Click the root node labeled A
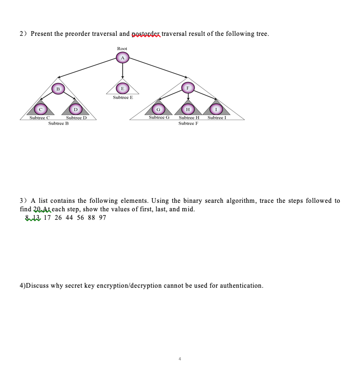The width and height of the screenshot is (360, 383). (123, 58)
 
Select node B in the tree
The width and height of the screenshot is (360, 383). (58, 88)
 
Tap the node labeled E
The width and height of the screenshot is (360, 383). (123, 88)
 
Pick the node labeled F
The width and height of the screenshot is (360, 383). (188, 88)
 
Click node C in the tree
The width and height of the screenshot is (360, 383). (41, 109)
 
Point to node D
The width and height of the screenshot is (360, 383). (75, 109)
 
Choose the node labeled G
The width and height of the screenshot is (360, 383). (159, 109)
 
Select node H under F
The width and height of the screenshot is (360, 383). (188, 109)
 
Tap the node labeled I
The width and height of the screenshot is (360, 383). (216, 109)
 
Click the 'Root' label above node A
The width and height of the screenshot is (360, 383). (122, 49)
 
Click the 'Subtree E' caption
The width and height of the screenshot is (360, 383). (123, 98)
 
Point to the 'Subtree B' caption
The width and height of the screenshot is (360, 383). (58, 123)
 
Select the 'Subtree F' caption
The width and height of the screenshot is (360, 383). (188, 123)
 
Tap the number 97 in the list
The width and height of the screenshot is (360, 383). (103, 217)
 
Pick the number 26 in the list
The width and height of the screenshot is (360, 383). (58, 217)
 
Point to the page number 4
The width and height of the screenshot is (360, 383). (180, 359)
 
